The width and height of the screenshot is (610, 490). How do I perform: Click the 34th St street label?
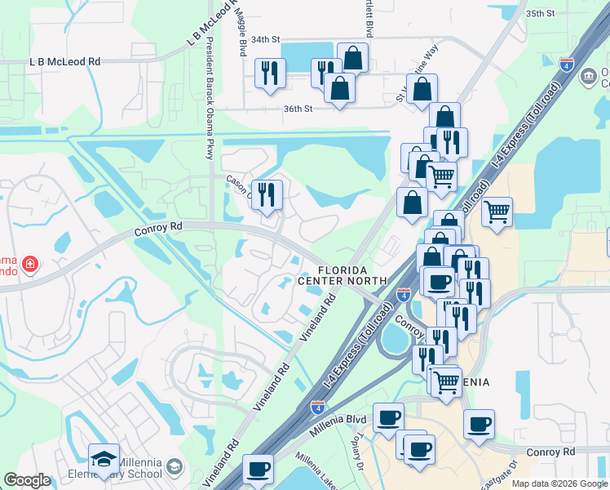click(x=265, y=39)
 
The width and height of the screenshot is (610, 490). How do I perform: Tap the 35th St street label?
click(x=540, y=14)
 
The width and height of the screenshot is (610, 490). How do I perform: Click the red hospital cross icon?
click(x=29, y=265)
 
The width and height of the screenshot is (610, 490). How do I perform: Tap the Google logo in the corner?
click(x=27, y=481)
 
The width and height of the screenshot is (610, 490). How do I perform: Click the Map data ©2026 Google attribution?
click(x=559, y=483)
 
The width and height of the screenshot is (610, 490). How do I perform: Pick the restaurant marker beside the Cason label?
click(x=267, y=194)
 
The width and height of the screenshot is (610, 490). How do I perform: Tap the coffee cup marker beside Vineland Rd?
click(x=259, y=470)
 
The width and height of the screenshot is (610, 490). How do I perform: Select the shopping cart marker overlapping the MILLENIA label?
click(x=445, y=381)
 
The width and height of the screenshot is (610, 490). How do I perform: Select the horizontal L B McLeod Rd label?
click(x=64, y=61)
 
